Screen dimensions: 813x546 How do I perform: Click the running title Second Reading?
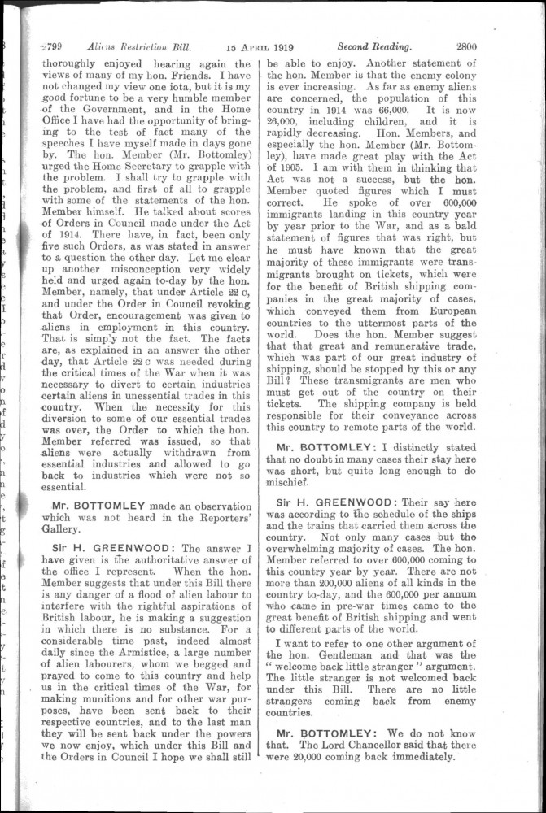tap(375, 46)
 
